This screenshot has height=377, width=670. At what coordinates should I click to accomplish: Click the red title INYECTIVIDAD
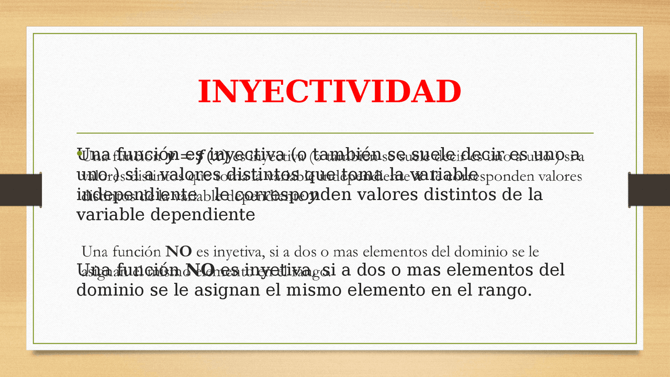pyautogui.click(x=329, y=92)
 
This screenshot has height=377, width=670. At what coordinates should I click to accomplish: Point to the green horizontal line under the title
pyautogui.click(x=335, y=133)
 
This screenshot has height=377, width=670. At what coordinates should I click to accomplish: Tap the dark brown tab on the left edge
pyautogui.click(x=21, y=190)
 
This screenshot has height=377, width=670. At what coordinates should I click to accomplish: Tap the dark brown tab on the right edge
pyautogui.click(x=649, y=190)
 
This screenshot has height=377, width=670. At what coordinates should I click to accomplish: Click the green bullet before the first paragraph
pyautogui.click(x=80, y=153)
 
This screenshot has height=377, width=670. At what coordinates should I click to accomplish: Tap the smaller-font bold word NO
pyautogui.click(x=178, y=252)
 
